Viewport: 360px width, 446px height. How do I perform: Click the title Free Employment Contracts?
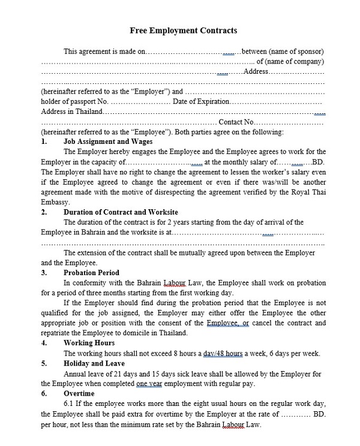tap(183, 30)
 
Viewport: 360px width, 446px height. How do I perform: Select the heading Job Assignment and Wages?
tap(105, 141)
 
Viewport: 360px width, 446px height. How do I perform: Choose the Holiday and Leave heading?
tap(94, 363)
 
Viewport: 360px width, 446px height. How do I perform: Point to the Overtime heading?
tap(79, 393)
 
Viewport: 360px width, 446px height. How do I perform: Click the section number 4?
tap(44, 343)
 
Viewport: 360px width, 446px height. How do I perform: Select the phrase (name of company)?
tap(290, 61)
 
